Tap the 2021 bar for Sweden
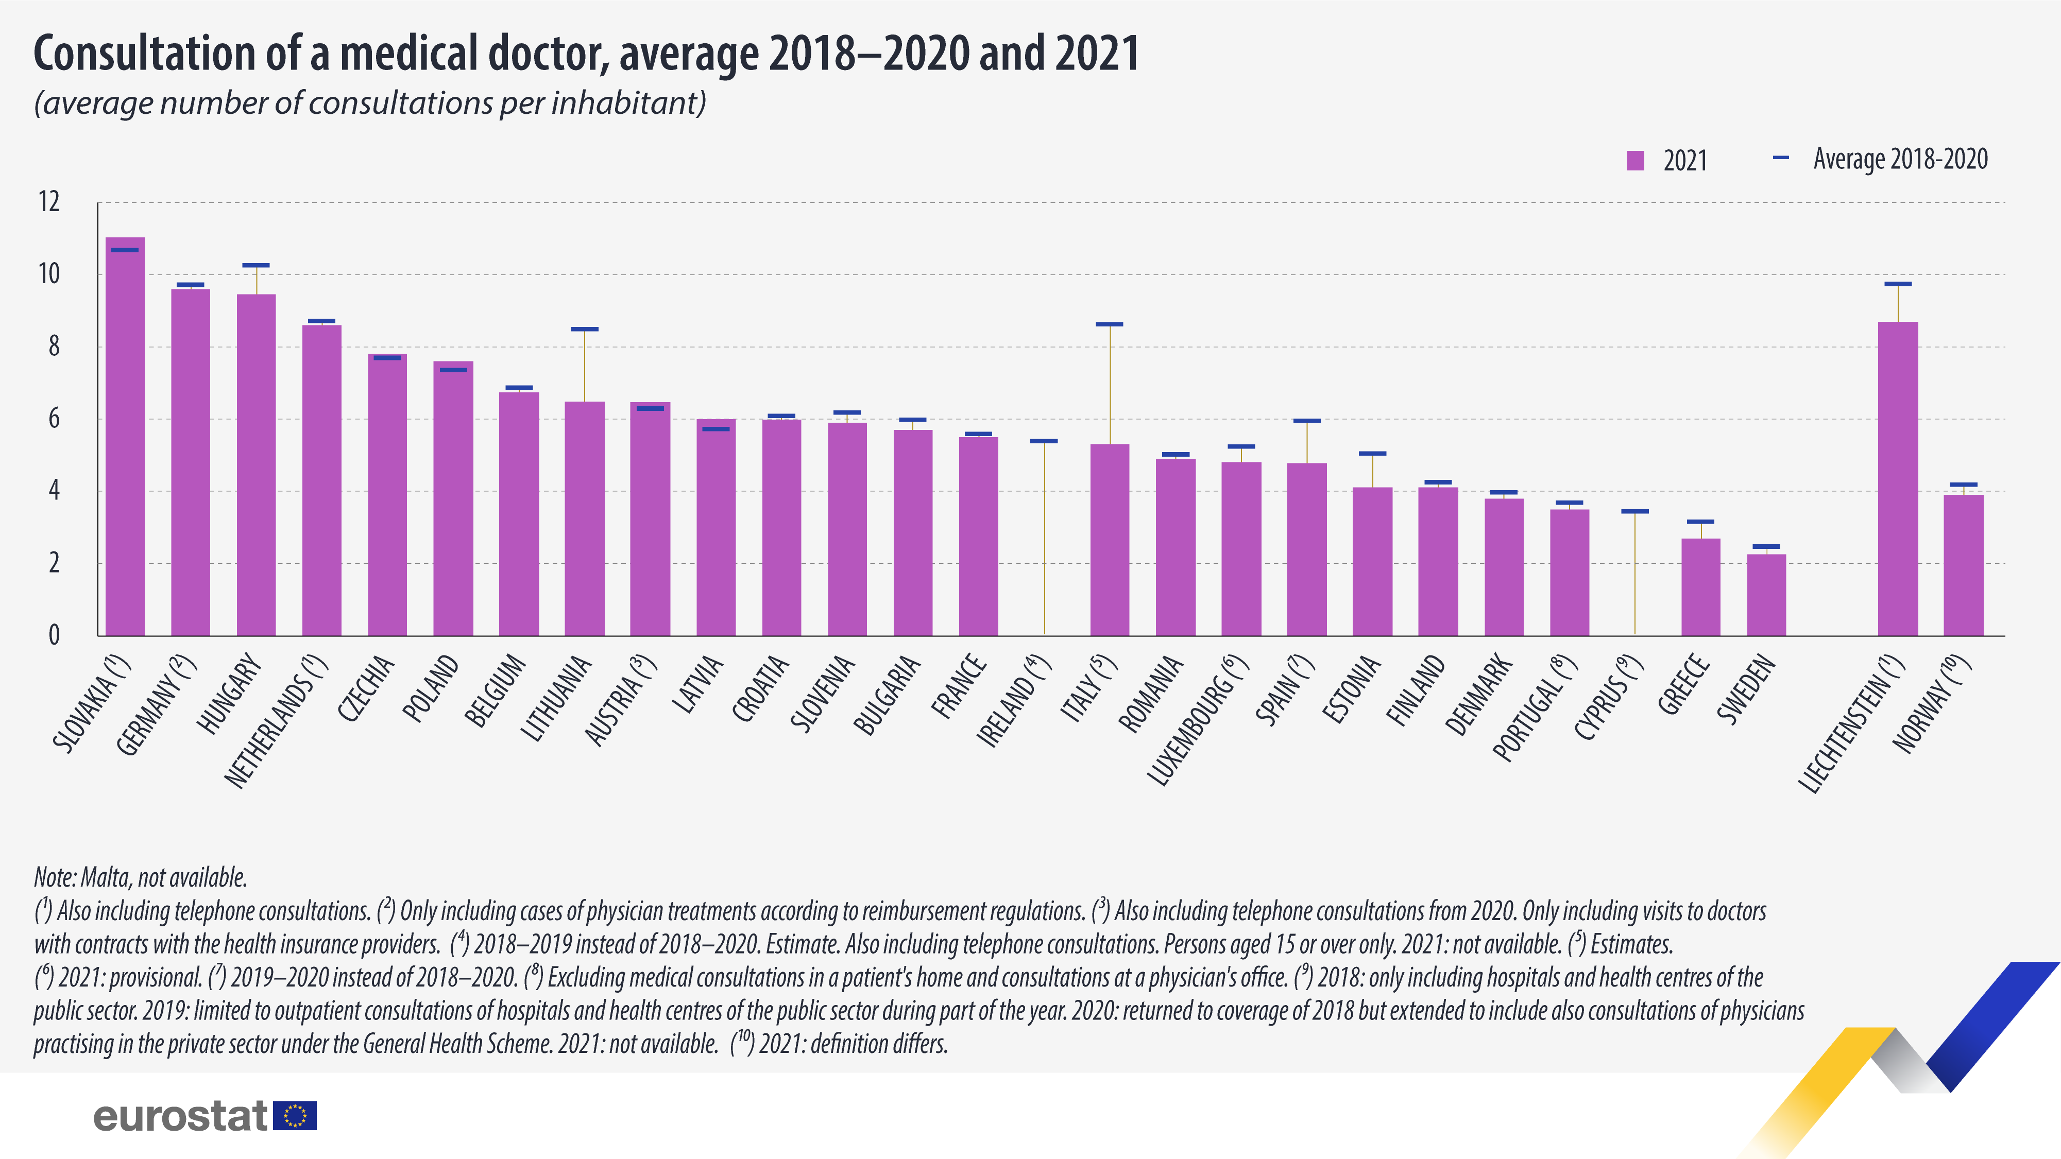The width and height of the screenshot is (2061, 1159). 1766,595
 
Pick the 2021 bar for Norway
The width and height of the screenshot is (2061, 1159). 1964,565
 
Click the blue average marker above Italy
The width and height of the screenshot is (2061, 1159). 1110,324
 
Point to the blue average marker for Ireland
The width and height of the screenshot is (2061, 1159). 1044,441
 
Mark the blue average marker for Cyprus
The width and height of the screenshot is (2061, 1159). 1634,511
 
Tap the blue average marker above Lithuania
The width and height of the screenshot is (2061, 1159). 585,328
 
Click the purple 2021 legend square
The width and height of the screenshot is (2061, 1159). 1636,161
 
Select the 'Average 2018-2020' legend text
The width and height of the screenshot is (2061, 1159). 1900,159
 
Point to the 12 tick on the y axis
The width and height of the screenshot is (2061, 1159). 49,201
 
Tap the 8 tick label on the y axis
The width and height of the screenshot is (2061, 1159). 54,347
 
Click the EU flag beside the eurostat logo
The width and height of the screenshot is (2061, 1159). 295,1116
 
